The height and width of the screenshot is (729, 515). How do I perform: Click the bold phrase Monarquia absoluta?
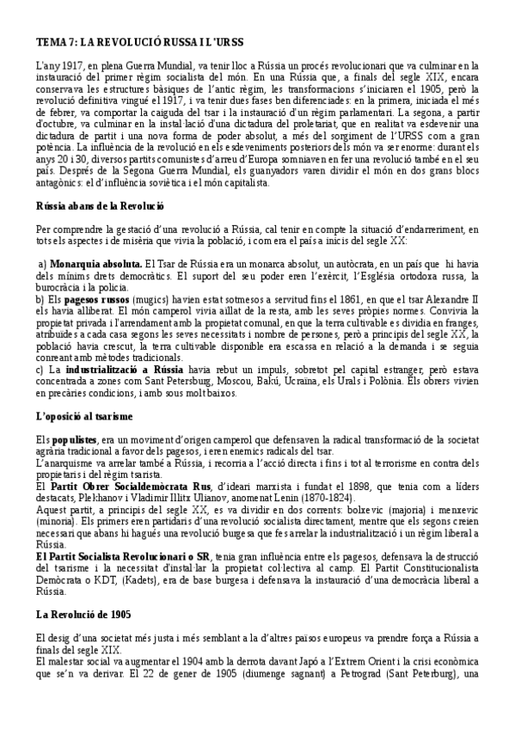pos(96,262)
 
